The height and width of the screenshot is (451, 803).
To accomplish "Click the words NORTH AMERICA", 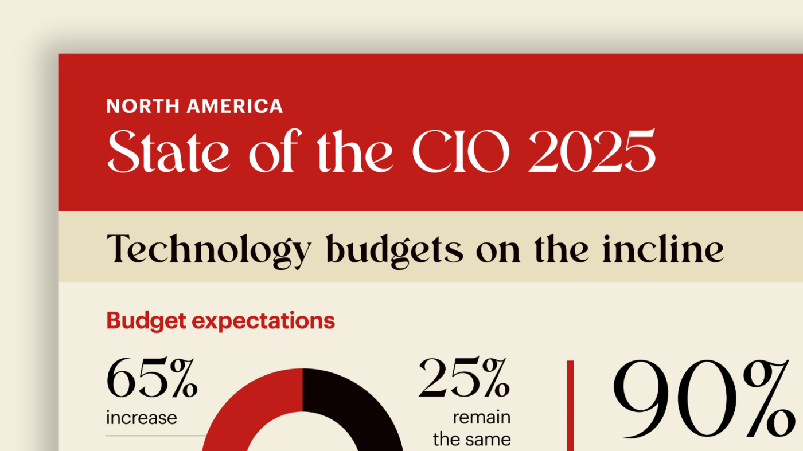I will click(194, 106).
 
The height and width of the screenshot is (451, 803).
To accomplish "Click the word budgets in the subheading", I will click(393, 250).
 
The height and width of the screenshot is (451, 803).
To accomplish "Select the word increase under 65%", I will click(141, 417).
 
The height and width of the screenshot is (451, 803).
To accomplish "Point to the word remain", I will click(481, 417).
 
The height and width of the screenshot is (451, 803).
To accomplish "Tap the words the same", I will click(471, 440).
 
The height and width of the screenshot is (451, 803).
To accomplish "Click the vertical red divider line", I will click(570, 404).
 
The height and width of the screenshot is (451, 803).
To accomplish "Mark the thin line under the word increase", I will click(155, 436).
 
